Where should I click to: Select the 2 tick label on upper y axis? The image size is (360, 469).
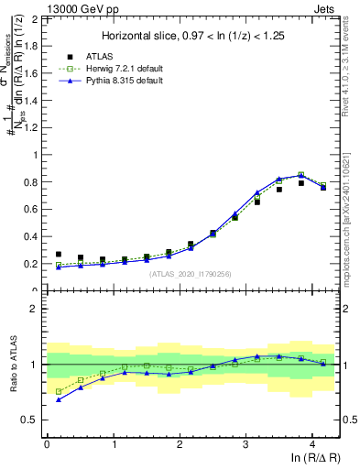click(x=35, y=18)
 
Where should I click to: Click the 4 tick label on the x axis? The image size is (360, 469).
click(x=312, y=443)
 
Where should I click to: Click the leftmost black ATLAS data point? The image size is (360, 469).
click(x=59, y=255)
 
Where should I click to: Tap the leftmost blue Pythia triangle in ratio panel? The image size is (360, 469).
click(x=59, y=399)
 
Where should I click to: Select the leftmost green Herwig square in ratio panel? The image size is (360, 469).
click(x=59, y=391)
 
